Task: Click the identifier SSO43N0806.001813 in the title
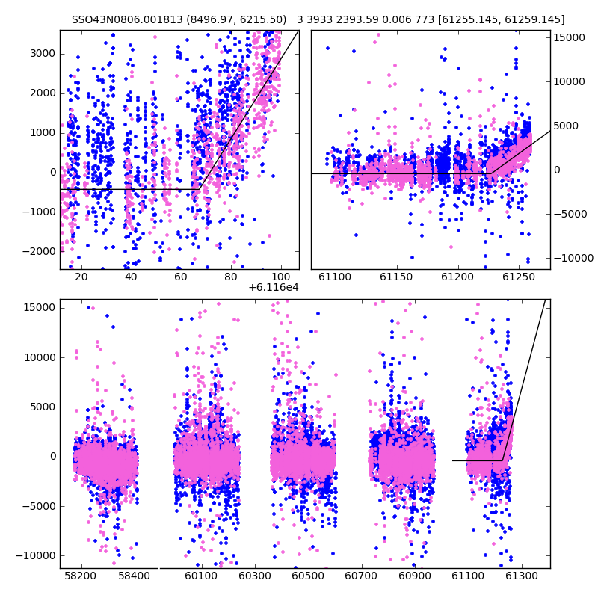pyautogui.click(x=127, y=19)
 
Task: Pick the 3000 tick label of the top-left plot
pyautogui.click(x=43, y=53)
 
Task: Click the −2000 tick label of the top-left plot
pyautogui.click(x=40, y=251)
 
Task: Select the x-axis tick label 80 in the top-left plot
pyautogui.click(x=231, y=277)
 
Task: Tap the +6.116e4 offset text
pyautogui.click(x=274, y=288)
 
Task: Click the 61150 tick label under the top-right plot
pyautogui.click(x=396, y=277)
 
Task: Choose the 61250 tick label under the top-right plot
pyautogui.click(x=519, y=277)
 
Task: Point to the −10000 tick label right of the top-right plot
pyautogui.click(x=573, y=258)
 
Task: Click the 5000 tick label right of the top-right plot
pyautogui.click(x=566, y=126)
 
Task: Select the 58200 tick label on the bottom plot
pyautogui.click(x=81, y=576)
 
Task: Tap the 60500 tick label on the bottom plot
pyautogui.click(x=308, y=576)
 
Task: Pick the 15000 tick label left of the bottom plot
pyautogui.click(x=40, y=308)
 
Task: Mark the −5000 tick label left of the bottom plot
pyautogui.click(x=40, y=506)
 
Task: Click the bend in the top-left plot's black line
pyautogui.click(x=200, y=189)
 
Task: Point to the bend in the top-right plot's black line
pyautogui.click(x=491, y=173)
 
